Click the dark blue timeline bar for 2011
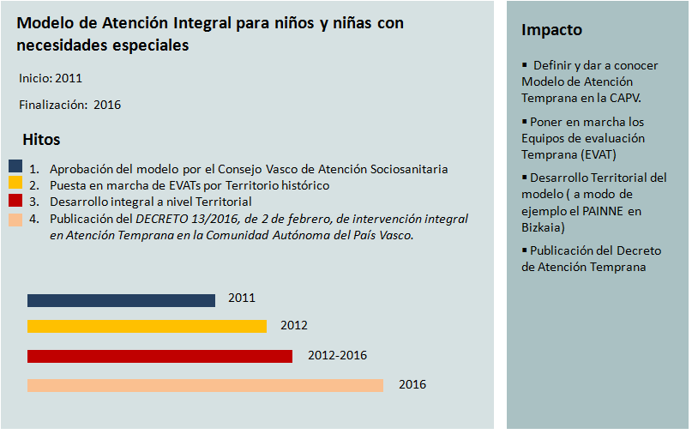121,300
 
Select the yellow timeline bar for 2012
147,326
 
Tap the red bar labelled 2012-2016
159,356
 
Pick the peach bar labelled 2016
205,385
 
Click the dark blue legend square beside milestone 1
15,166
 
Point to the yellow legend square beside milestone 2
15,183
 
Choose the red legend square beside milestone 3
15,200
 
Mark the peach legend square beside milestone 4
15,220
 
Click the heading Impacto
551,30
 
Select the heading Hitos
41,140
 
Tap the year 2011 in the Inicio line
69,78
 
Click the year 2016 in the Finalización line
107,105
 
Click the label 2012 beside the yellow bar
293,325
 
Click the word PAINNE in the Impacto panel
612,211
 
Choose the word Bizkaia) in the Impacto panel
543,227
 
